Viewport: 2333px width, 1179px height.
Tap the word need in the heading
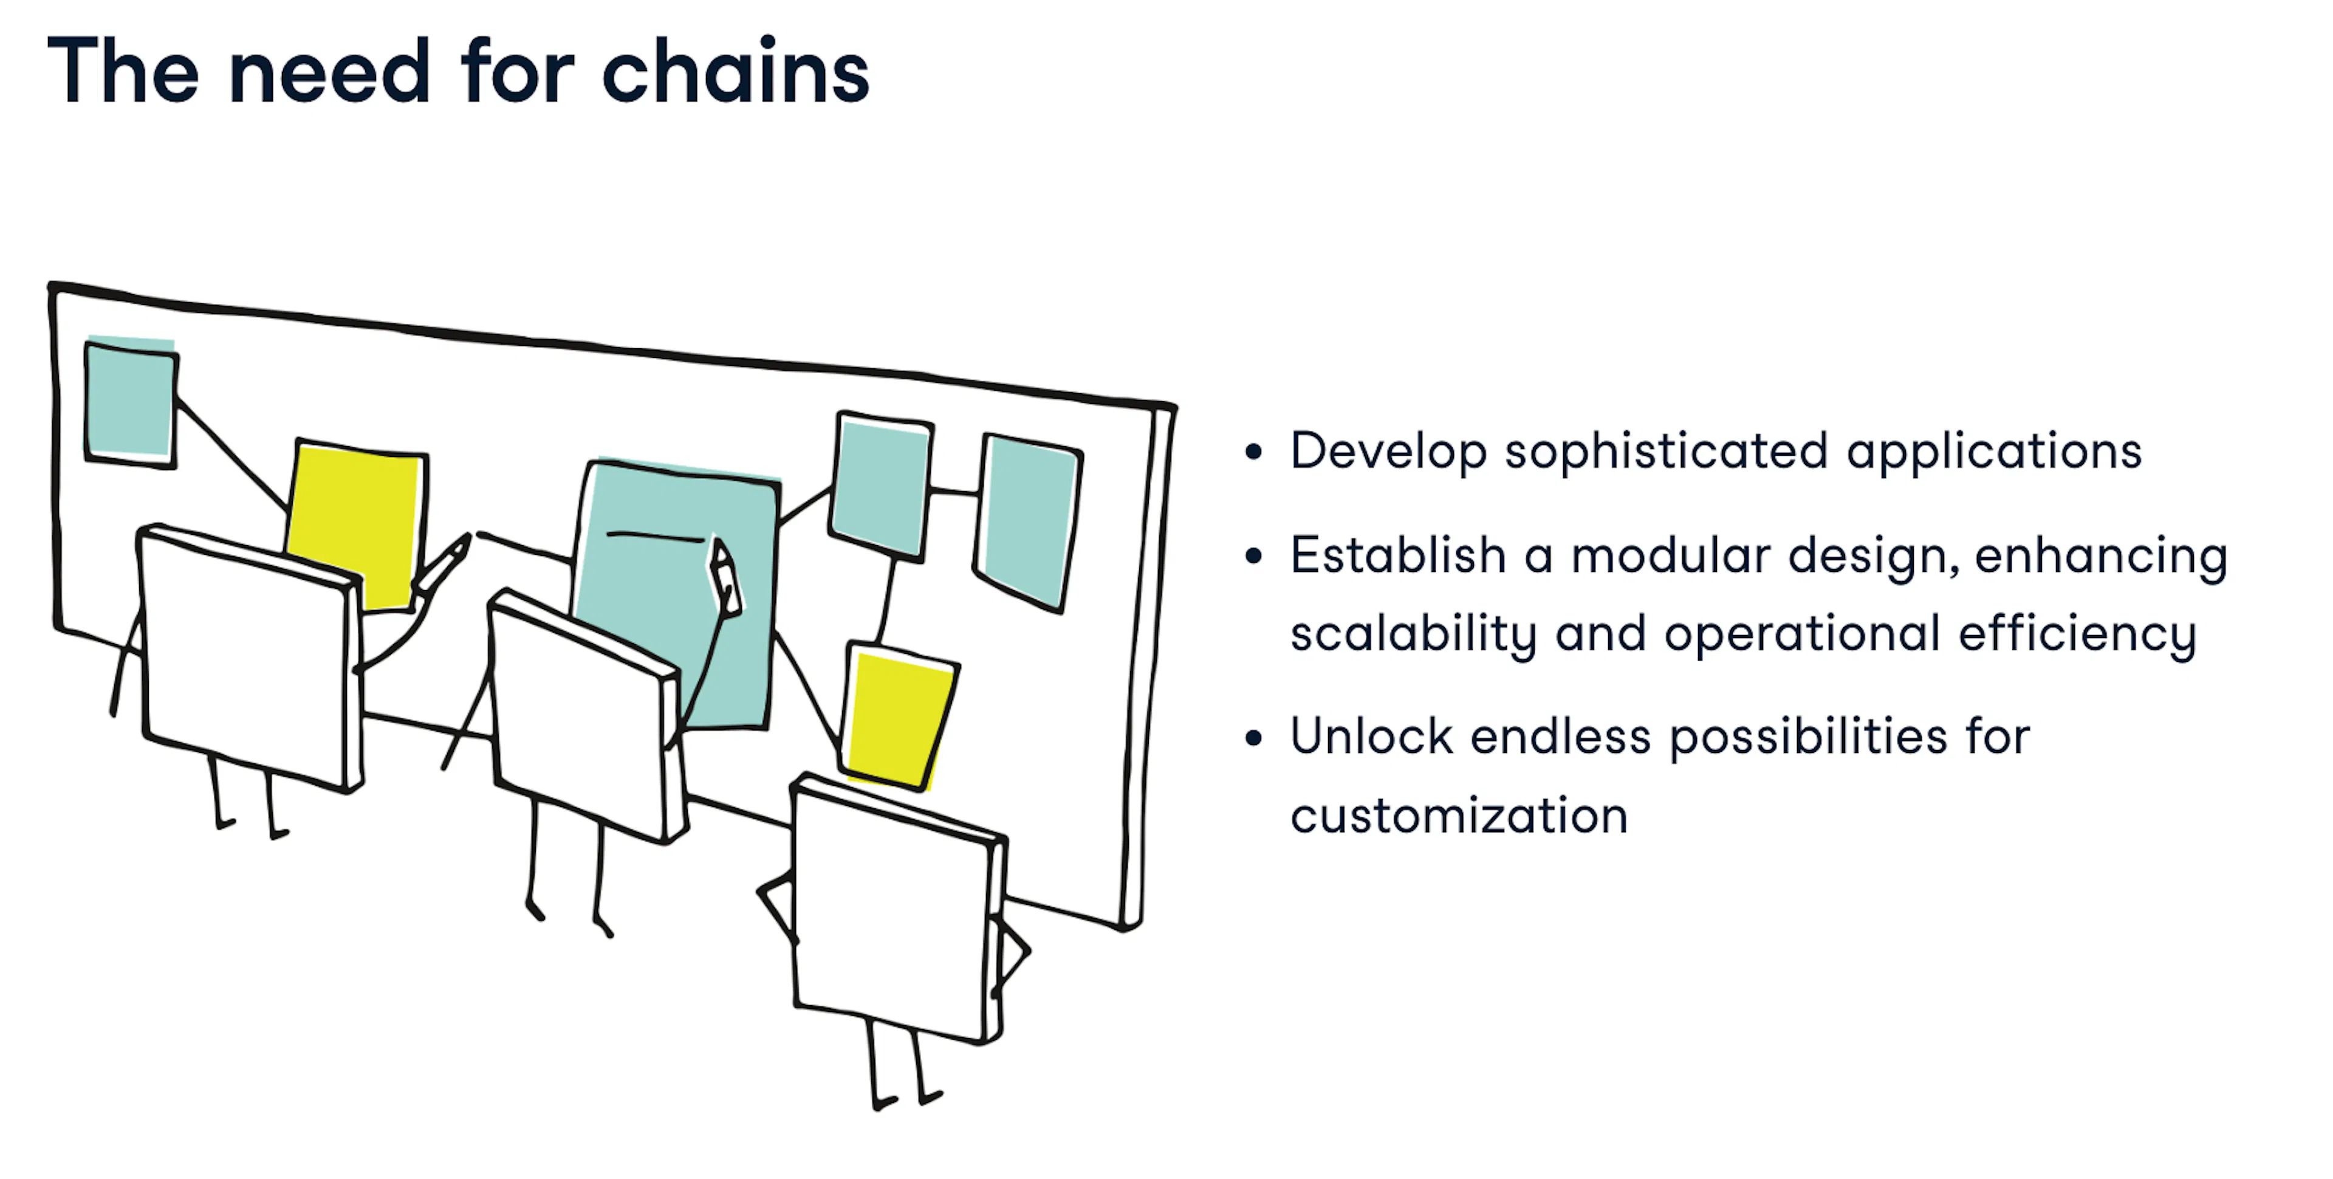click(x=330, y=72)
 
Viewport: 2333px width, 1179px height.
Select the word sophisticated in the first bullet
click(x=1667, y=452)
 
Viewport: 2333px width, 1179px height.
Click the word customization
click(x=1459, y=816)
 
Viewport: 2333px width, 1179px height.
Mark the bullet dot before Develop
click(x=1253, y=452)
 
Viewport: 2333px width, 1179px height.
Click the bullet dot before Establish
click(x=1253, y=555)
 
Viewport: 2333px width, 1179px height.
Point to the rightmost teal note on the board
click(x=1029, y=523)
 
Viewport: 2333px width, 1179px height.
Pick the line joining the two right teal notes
click(x=954, y=492)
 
